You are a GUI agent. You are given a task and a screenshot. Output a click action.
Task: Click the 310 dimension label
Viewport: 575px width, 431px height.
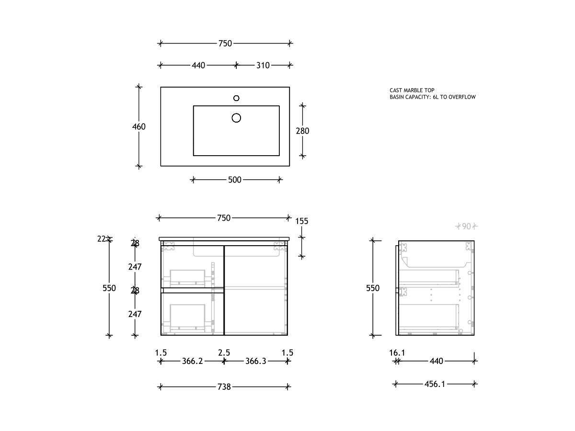[263, 65]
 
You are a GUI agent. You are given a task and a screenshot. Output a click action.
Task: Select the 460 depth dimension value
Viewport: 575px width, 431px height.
[139, 127]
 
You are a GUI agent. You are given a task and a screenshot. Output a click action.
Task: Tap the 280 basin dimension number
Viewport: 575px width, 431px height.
[302, 131]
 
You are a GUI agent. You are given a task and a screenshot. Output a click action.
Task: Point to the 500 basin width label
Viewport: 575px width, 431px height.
[235, 180]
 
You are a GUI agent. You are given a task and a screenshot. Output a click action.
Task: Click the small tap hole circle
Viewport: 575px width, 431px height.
[236, 98]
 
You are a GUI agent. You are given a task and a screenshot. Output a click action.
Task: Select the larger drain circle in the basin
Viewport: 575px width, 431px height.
[236, 118]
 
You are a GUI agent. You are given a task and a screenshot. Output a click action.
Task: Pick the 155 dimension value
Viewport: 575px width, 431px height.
[302, 221]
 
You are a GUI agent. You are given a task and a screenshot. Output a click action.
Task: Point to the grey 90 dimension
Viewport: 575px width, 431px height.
[466, 227]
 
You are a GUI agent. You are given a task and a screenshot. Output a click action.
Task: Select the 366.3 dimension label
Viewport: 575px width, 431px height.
[255, 362]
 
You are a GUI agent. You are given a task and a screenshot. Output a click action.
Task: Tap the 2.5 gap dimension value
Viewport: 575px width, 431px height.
[224, 353]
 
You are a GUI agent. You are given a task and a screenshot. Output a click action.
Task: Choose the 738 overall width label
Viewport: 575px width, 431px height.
[224, 387]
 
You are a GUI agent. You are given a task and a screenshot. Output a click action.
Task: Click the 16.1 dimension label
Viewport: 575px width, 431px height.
[397, 353]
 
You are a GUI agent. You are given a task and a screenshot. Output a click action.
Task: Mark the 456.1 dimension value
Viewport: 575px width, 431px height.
[435, 384]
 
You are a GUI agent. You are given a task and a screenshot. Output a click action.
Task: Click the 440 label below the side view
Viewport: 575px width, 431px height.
[436, 362]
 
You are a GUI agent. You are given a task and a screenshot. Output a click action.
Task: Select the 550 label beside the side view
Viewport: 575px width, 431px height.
[373, 288]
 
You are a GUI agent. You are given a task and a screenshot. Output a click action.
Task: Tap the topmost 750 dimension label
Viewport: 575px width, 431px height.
[225, 44]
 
